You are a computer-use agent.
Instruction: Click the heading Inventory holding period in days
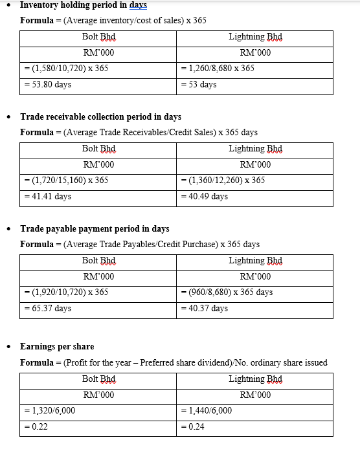[84, 5]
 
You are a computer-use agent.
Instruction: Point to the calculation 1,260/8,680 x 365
[218, 68]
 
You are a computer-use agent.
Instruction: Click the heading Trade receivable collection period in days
[100, 117]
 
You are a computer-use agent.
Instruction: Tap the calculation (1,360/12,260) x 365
[223, 180]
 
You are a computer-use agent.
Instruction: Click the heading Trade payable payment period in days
[95, 229]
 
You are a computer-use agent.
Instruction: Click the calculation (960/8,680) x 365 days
[227, 292]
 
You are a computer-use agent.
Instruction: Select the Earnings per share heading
[57, 347]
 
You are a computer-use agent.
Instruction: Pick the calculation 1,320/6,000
[50, 410]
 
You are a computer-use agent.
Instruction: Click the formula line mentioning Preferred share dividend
[174, 362]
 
